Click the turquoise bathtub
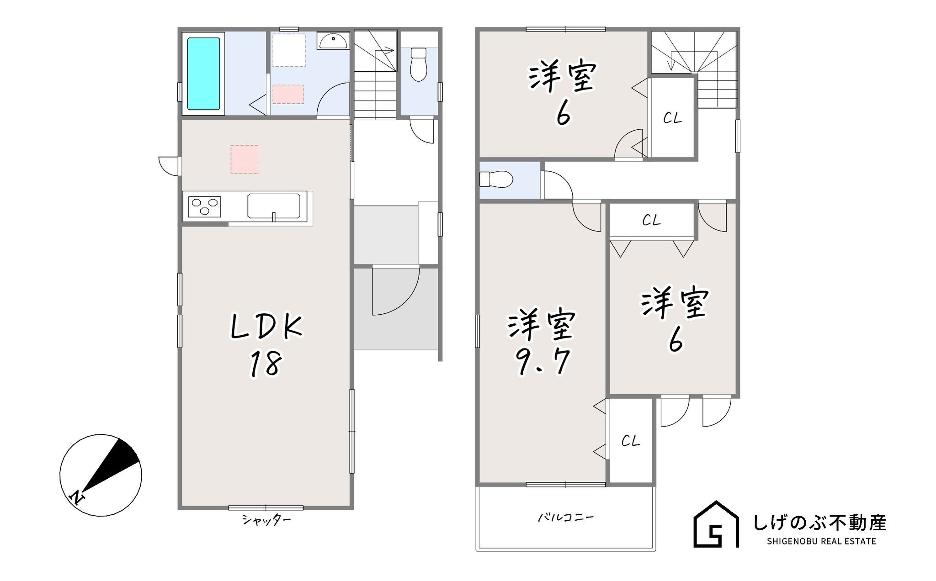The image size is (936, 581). point(203,74)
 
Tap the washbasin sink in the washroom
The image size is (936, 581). point(333,41)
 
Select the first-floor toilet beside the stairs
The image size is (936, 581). point(418,64)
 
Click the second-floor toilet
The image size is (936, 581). point(496,179)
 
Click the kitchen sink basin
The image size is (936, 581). point(274,206)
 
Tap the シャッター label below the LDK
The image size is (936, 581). point(266,520)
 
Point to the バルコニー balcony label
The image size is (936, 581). point(565,518)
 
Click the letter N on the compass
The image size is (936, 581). point(76,497)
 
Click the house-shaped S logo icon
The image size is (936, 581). point(716,524)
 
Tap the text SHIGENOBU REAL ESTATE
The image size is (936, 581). point(821,542)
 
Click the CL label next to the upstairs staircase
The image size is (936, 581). point(672,119)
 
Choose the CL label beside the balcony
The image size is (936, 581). point(630,441)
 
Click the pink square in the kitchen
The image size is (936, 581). point(245,159)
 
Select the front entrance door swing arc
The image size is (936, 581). point(396,291)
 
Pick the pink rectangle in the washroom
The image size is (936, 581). point(288,95)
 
